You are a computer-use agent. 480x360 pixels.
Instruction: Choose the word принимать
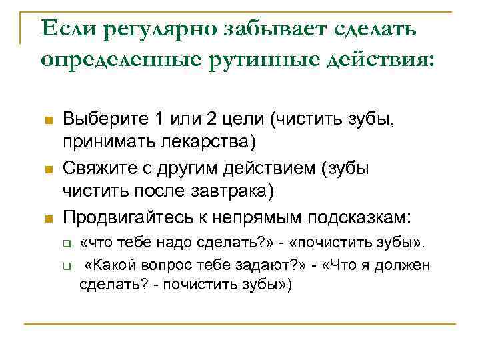click(x=109, y=142)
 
